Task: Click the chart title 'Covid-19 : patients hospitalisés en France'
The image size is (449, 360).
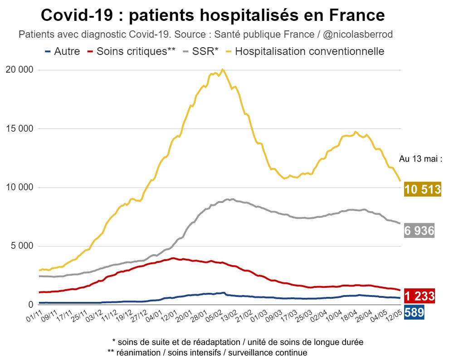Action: (x=212, y=16)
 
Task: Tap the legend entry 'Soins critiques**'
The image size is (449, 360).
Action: (x=132, y=51)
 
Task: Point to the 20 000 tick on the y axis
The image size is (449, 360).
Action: (x=19, y=70)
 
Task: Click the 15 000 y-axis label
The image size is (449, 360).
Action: (x=19, y=128)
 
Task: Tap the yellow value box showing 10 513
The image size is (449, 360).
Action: (x=422, y=189)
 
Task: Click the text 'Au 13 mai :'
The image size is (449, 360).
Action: (x=420, y=159)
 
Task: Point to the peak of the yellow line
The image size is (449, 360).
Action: (x=222, y=69)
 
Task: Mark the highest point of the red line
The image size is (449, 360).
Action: (x=174, y=258)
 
